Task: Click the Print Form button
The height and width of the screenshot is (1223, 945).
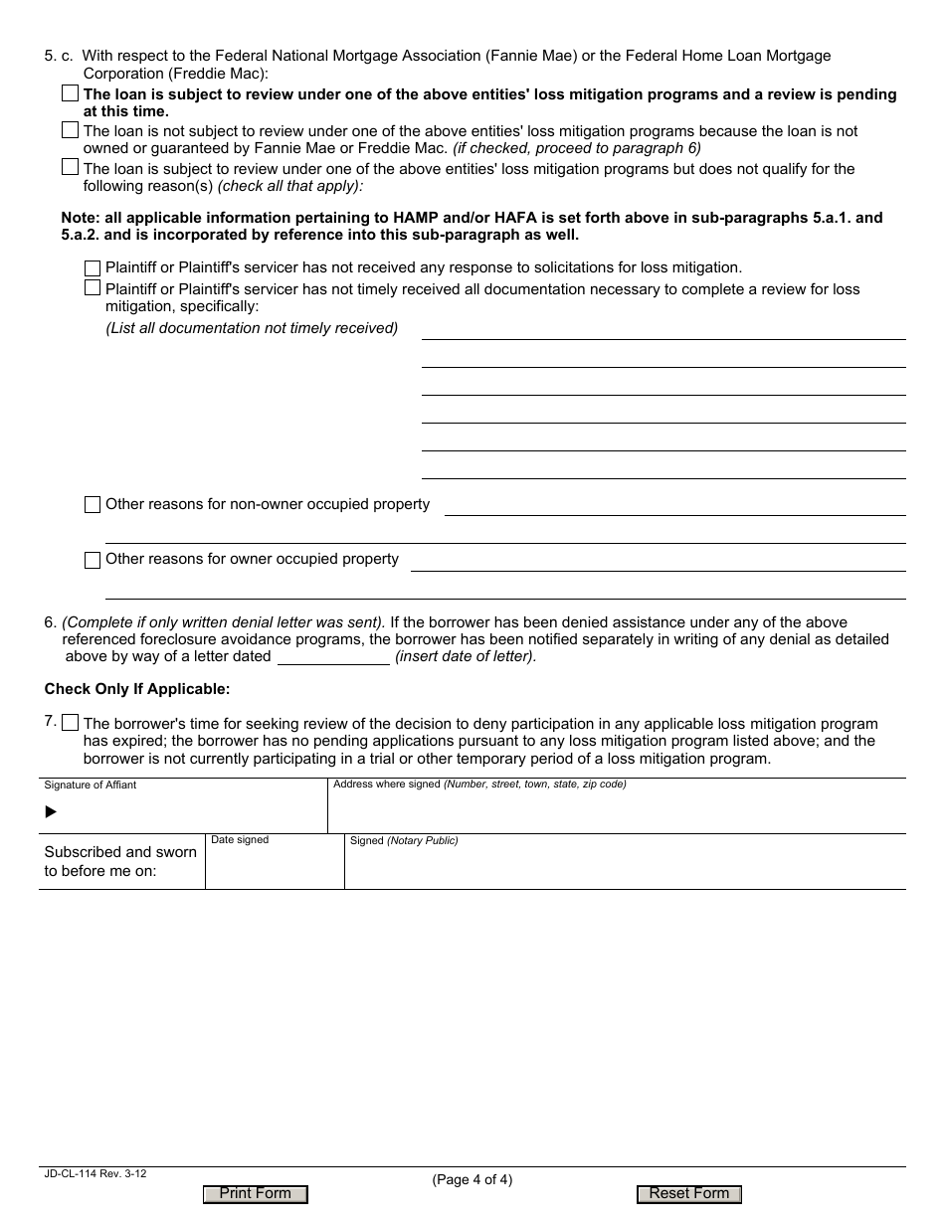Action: pos(256,1194)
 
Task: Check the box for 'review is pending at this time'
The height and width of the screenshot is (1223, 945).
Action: pos(70,93)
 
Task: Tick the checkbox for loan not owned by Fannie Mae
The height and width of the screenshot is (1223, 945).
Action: pos(70,130)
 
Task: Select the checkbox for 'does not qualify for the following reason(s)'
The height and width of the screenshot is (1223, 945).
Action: pos(70,167)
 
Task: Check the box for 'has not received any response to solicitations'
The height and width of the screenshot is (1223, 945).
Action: pos(93,268)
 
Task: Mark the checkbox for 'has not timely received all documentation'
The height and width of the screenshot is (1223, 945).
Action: pos(93,288)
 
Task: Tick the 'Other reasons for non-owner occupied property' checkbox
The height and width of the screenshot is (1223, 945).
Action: pos(93,505)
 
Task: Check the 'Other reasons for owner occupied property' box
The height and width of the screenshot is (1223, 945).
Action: pos(93,560)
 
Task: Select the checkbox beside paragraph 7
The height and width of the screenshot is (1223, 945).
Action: pos(70,722)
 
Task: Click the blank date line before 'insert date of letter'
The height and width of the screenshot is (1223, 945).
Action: pos(333,656)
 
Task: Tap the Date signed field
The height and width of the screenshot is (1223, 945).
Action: pos(275,867)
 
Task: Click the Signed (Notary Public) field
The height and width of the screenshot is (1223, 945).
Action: pos(625,867)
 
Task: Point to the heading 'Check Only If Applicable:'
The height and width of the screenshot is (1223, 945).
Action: pos(137,689)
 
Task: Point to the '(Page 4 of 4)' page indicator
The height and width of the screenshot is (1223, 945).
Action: pos(472,1180)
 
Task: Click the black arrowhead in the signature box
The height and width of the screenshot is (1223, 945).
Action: pos(52,812)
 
